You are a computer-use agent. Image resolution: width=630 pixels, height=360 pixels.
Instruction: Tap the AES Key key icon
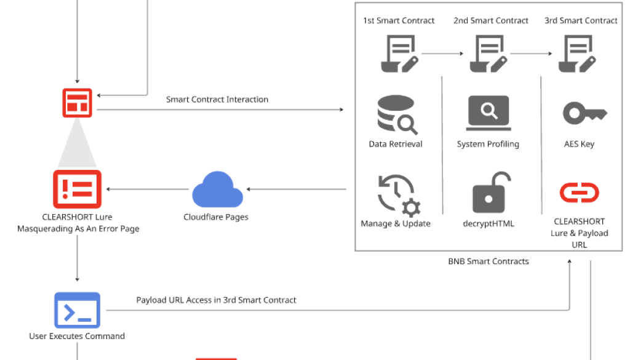584,113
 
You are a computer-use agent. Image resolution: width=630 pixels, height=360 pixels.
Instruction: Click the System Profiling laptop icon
488,113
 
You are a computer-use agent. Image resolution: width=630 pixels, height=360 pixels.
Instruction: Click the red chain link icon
579,193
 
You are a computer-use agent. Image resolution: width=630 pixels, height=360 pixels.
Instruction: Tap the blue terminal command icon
78,310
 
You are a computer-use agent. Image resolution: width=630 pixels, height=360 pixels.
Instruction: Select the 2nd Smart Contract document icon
488,54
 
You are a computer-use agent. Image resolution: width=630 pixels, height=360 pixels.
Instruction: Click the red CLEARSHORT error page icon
78,189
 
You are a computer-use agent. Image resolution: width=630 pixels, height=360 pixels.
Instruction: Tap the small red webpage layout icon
78,103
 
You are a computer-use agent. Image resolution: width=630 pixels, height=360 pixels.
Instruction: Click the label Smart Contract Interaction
217,99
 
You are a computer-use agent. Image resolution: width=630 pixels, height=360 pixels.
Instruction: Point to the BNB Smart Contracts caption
488,261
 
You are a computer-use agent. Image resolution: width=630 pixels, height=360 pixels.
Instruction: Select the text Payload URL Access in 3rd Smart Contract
216,300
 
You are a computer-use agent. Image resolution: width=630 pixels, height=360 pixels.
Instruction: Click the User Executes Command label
77,336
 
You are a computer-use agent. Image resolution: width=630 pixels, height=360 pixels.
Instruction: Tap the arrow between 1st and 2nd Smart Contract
442,54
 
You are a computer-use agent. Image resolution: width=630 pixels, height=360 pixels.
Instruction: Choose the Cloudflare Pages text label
216,217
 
